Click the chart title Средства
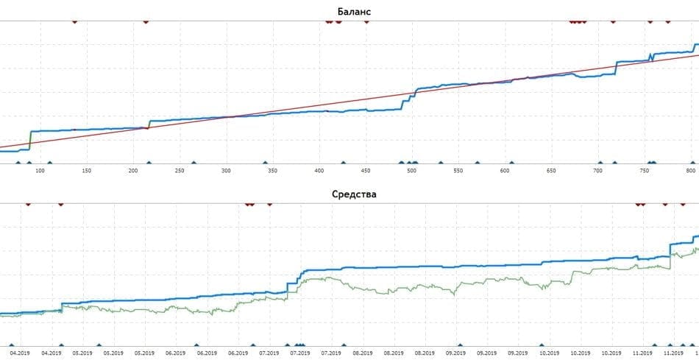point(349,194)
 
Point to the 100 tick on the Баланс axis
point(40,172)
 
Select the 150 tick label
point(87,172)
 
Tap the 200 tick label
point(133,172)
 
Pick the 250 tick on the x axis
point(180,172)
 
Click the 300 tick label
point(226,172)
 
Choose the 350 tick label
point(272,172)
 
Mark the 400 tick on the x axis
point(319,172)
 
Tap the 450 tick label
point(365,172)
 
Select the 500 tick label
point(411,172)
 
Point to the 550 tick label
point(458,172)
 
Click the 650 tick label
point(550,172)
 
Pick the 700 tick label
point(597,172)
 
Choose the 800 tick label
point(689,172)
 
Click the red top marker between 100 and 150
point(74,22)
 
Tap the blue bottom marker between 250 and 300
point(194,163)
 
